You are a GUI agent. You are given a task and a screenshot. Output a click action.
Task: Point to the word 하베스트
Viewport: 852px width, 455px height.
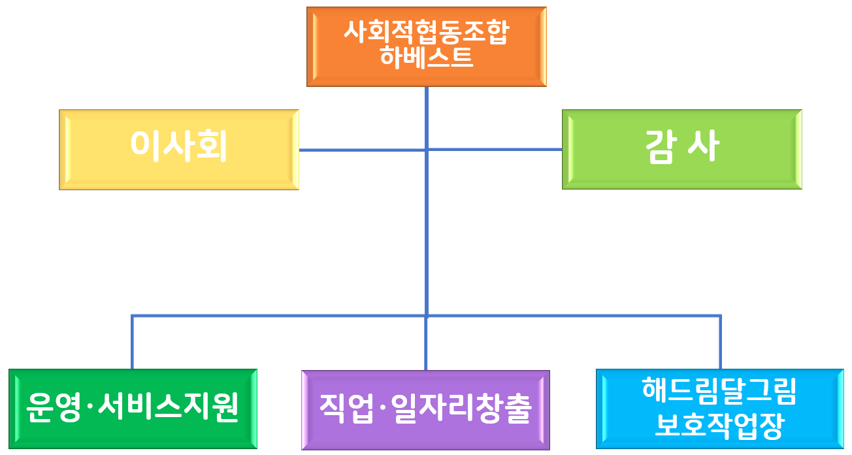pyautogui.click(x=426, y=58)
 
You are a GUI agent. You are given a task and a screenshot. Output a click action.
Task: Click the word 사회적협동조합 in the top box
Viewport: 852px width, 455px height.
pyautogui.click(x=426, y=33)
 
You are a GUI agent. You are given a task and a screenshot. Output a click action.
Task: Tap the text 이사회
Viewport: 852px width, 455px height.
pyautogui.click(x=178, y=146)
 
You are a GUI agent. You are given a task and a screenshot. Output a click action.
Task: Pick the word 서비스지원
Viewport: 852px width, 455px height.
pyautogui.click(x=168, y=408)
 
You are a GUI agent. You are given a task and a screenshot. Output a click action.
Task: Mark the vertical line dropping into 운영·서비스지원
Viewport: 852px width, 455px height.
pyautogui.click(x=133, y=343)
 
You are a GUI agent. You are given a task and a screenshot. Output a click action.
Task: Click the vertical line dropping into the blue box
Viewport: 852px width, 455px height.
pyautogui.click(x=720, y=343)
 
